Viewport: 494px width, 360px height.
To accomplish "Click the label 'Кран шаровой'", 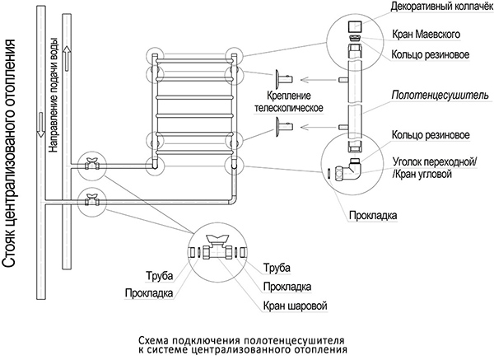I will click(296, 306).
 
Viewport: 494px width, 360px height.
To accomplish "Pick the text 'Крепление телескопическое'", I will click(287, 101).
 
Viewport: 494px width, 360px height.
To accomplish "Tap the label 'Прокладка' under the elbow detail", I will click(372, 216).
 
